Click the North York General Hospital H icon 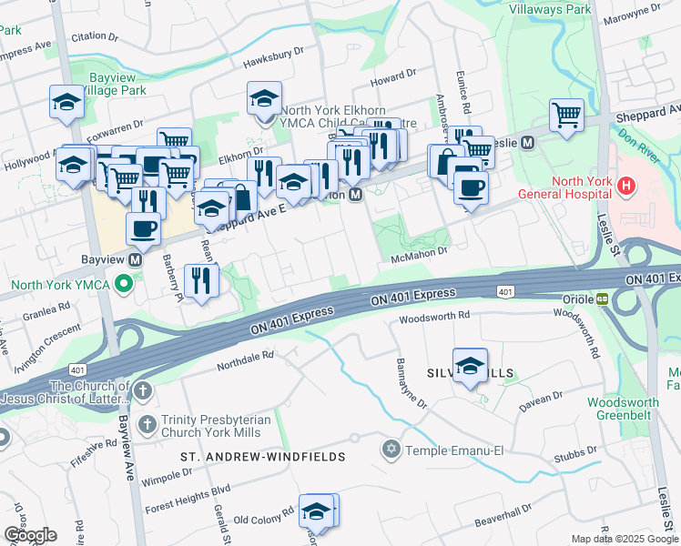tap(625, 187)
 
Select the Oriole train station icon tap(603, 298)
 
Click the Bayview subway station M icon tap(136, 259)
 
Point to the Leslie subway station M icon tap(526, 143)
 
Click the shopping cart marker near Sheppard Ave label tap(566, 116)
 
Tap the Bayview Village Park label tap(114, 91)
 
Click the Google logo tap(29, 535)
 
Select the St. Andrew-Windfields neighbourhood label tap(262, 456)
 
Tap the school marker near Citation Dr tap(67, 104)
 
